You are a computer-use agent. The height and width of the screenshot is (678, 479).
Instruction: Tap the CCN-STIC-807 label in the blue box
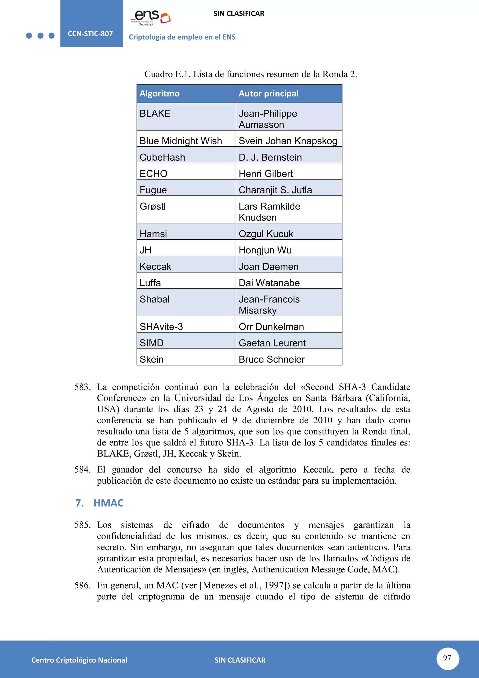[90, 34]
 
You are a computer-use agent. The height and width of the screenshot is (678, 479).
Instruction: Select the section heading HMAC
[108, 503]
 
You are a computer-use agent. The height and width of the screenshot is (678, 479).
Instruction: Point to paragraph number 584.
[82, 470]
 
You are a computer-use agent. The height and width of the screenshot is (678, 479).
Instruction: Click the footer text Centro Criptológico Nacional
[79, 660]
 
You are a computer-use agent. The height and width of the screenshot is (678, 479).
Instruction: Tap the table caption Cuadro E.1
[250, 74]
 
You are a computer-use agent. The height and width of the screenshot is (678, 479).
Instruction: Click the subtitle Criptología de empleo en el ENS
[182, 37]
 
